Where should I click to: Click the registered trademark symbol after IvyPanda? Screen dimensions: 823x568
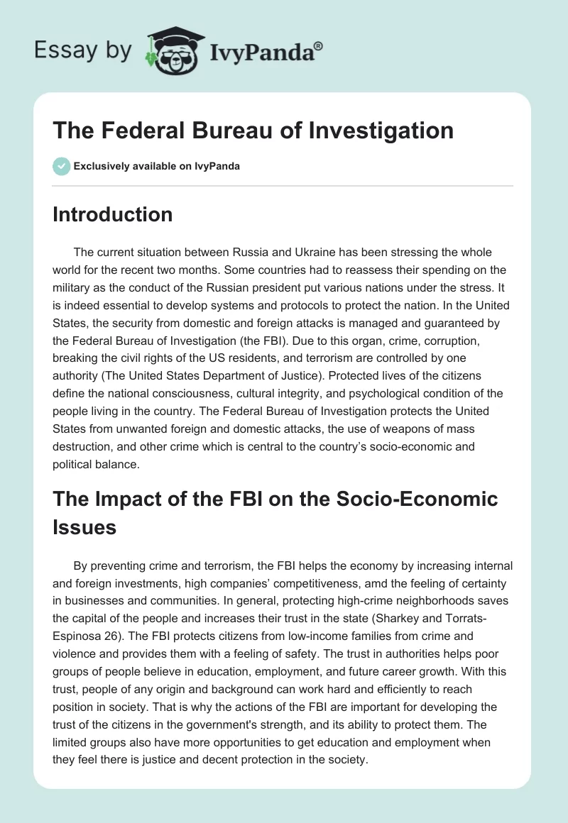pos(319,45)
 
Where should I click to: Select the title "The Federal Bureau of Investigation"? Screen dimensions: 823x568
pos(253,130)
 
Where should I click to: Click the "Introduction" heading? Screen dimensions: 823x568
pos(112,214)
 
